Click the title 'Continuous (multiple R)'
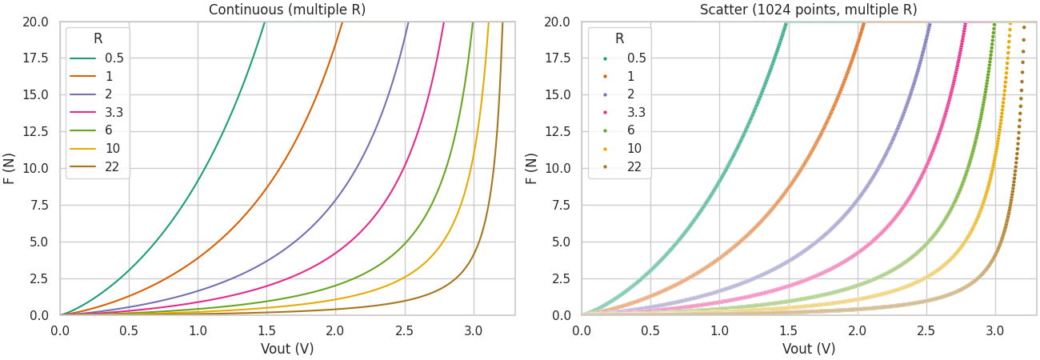tap(287, 10)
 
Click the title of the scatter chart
tap(809, 10)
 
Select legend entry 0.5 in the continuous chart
tap(114, 58)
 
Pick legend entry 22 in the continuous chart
tap(112, 167)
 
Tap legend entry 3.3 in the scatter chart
tap(636, 113)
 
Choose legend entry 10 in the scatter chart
tap(634, 149)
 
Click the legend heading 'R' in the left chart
tap(98, 38)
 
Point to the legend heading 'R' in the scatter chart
tap(620, 38)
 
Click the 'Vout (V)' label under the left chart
tap(287, 349)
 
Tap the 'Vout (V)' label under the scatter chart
tap(809, 349)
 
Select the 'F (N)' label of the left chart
tap(10, 168)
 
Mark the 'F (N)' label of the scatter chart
tap(532, 168)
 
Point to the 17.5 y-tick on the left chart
tap(35, 58)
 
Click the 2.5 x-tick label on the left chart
tap(405, 330)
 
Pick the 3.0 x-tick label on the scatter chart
tap(995, 330)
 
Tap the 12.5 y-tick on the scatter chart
tap(557, 131)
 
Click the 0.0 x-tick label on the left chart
tap(61, 330)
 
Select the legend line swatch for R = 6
tap(83, 131)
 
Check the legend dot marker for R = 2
tap(605, 95)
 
